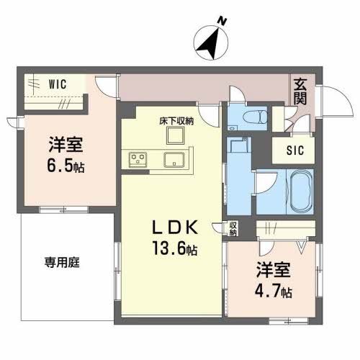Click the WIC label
tap(58, 84)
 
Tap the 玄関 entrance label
tap(300, 91)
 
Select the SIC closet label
tap(295, 150)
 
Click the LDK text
tap(175, 228)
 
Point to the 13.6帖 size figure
tap(175, 248)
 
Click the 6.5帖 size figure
tap(66, 166)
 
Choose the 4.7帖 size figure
tap(274, 291)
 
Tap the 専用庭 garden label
tap(62, 262)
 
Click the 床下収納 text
tap(176, 121)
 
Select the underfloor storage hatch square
tap(176, 135)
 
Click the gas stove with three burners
tap(138, 160)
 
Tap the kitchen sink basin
tap(174, 160)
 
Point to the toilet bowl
tap(255, 117)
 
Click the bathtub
tap(302, 192)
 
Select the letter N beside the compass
tap(222, 21)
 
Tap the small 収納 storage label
tap(233, 229)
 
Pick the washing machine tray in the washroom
tap(239, 145)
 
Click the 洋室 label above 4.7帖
tap(274, 270)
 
